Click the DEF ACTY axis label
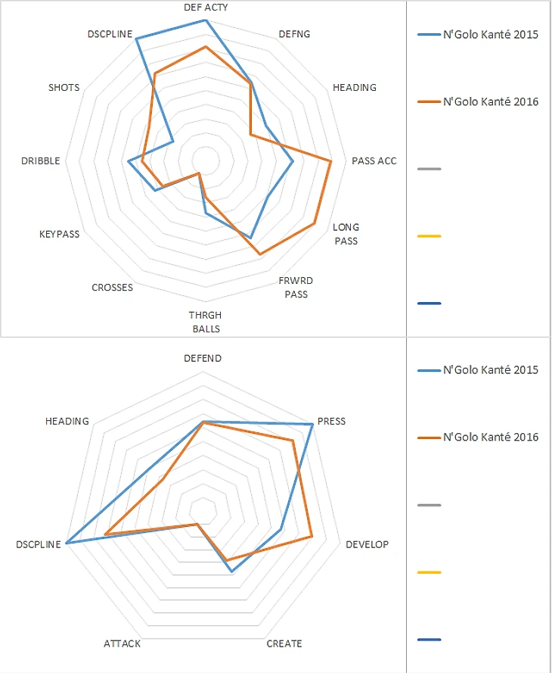click(206, 7)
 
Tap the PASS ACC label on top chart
click(374, 160)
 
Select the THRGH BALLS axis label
click(205, 321)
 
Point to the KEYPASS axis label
click(59, 234)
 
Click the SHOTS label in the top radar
click(64, 88)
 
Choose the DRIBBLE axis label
click(41, 160)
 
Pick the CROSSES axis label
click(112, 288)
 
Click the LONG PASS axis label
click(346, 233)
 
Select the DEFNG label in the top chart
click(294, 34)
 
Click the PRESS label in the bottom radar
click(331, 421)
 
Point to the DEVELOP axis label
click(367, 544)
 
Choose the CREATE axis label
click(284, 643)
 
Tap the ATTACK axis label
click(122, 643)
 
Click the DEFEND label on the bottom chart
click(203, 358)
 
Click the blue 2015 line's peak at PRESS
click(312, 425)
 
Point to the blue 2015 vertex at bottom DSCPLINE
click(67, 543)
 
